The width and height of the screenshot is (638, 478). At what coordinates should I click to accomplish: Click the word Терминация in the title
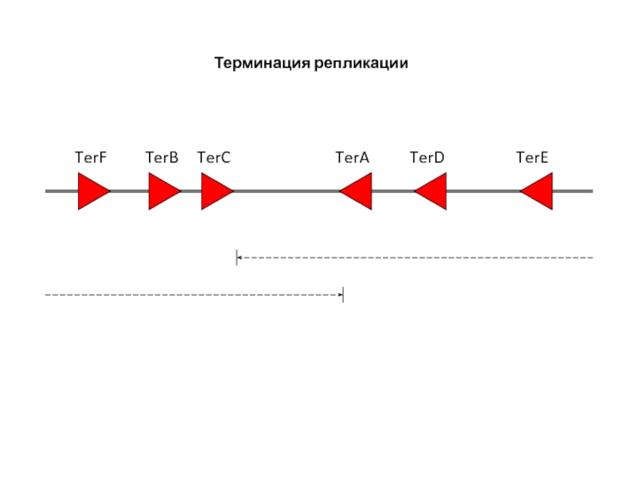(259, 63)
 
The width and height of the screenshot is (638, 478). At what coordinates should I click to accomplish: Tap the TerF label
(90, 158)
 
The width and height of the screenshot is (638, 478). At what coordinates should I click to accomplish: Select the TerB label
(162, 158)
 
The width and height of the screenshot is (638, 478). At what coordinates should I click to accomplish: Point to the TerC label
(214, 158)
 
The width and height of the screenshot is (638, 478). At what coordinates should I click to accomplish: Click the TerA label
(352, 158)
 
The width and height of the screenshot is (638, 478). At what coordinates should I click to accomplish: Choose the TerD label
(427, 158)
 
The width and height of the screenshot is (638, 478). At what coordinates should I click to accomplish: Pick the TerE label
(532, 158)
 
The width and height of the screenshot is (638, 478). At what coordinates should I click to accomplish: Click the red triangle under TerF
(92, 191)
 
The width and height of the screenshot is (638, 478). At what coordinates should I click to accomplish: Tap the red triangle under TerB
(163, 191)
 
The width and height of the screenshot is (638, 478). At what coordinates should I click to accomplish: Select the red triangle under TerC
(215, 191)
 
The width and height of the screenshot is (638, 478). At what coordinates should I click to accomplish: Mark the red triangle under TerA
(358, 191)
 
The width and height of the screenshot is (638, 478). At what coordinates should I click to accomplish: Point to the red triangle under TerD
(432, 191)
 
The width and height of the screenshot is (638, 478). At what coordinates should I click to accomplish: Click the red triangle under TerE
(538, 191)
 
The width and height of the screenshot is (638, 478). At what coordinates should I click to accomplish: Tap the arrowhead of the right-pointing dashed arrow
(339, 295)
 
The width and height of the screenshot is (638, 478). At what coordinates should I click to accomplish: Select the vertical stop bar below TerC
(236, 257)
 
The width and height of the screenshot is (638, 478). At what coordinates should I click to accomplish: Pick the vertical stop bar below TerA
(343, 295)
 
